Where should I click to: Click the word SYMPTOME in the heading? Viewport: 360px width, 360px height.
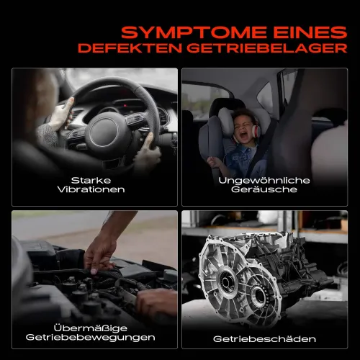click(194, 32)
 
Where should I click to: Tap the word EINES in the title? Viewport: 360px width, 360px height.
click(310, 32)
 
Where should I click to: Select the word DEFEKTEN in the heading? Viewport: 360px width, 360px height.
click(130, 48)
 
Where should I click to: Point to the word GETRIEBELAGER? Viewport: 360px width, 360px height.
click(267, 48)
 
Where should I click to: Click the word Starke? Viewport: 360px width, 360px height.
click(91, 180)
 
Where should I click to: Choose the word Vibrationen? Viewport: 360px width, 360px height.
click(91, 189)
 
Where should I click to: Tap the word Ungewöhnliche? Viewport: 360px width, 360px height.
click(264, 181)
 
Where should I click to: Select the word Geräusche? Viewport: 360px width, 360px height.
click(264, 189)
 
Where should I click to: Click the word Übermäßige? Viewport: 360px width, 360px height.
click(91, 328)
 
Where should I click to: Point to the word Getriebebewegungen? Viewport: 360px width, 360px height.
click(90, 338)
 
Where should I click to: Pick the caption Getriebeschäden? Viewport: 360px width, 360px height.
click(264, 339)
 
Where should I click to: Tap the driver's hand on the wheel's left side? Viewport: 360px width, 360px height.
click(62, 113)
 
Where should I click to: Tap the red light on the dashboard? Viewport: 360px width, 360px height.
click(125, 105)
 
